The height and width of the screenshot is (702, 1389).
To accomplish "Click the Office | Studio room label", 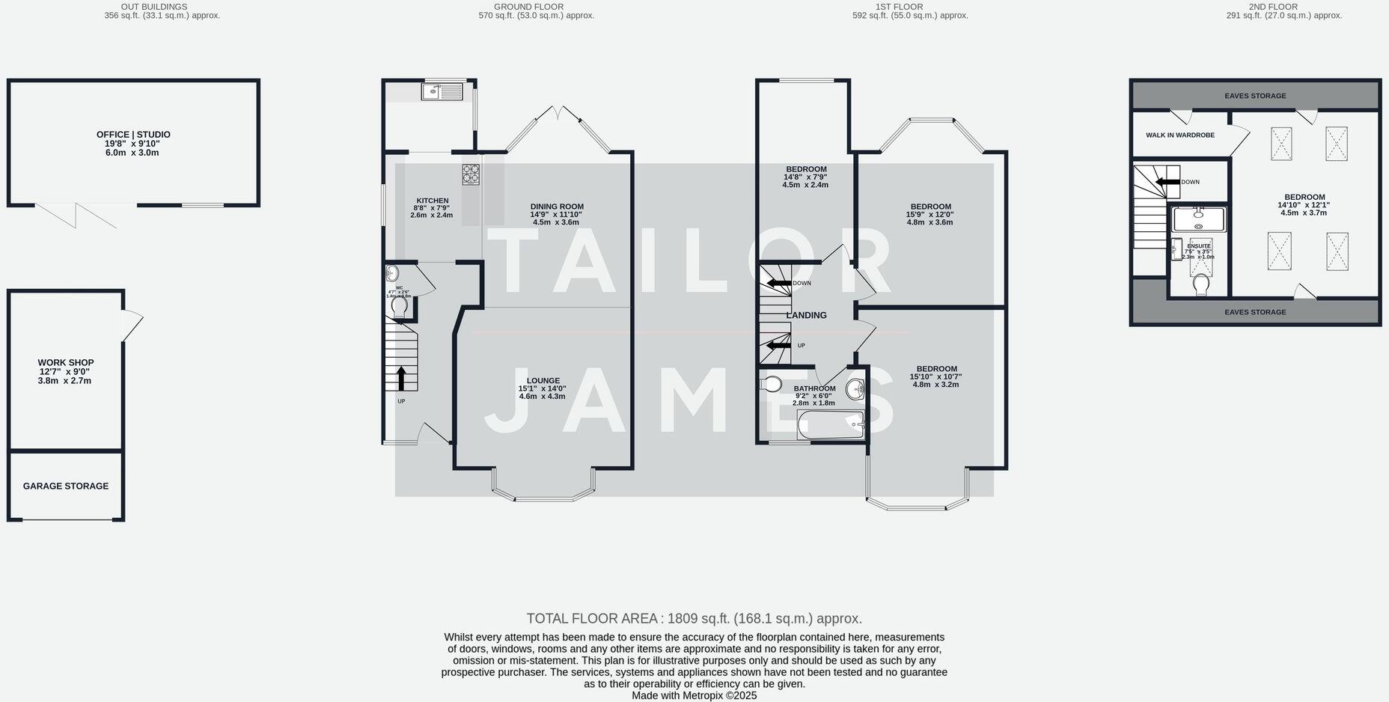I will pos(133,135).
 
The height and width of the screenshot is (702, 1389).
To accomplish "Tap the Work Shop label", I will pos(66,363).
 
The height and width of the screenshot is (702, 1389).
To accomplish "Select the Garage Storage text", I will pos(66,486).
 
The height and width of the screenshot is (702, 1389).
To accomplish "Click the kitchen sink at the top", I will pos(442,91).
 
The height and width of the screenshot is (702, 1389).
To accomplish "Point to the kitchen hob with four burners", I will pos(471,174).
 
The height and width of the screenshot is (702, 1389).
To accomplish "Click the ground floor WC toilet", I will pos(399,307).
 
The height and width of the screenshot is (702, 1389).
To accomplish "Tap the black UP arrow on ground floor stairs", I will pos(401,378).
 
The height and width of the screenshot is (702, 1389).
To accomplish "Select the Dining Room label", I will pos(557,207).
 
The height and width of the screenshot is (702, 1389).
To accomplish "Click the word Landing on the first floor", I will pos(807,316).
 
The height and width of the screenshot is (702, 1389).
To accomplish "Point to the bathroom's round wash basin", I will pos(855,389).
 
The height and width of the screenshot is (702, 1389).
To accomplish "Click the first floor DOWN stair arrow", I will pos(779,283).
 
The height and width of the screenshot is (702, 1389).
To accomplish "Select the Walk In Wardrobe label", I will pos(1180,135).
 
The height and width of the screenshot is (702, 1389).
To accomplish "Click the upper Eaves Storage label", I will pos(1255,96).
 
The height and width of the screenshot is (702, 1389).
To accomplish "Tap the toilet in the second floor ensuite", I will pos(1201,285).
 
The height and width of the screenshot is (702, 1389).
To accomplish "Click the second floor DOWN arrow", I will pos(1167,182).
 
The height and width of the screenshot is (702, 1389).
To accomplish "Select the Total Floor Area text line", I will pos(694,619).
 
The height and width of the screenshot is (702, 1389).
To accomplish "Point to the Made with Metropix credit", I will pos(694,695).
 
